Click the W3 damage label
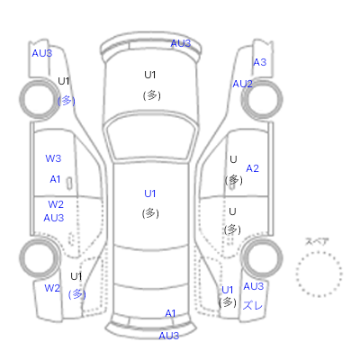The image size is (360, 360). [53, 158]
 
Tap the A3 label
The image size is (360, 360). [260, 62]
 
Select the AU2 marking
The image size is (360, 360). [242, 84]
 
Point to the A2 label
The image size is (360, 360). [252, 168]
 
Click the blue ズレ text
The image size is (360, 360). [253, 306]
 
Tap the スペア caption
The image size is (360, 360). [317, 241]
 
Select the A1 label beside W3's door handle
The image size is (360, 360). [55, 179]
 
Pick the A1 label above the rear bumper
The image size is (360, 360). [170, 314]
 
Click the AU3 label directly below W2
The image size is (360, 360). [54, 218]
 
